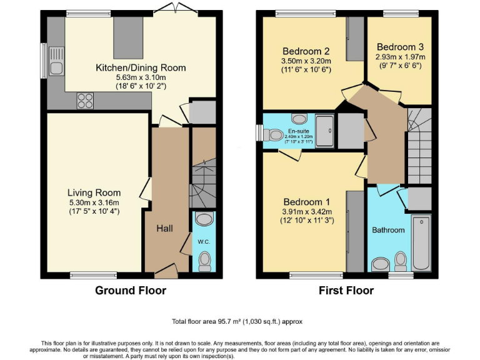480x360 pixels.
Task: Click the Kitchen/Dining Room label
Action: [x=140, y=67]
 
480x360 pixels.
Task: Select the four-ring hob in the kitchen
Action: [x=84, y=100]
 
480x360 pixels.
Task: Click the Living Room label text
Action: [x=94, y=192]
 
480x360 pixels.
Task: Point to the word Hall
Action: [x=164, y=229]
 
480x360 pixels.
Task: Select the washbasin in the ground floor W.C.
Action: [x=204, y=219]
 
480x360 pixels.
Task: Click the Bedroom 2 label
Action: [x=306, y=51]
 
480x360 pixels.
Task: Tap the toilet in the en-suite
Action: [x=274, y=134]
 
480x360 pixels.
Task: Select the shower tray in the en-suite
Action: [x=325, y=131]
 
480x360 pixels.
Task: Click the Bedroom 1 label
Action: [x=306, y=202]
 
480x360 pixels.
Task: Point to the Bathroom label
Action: [x=388, y=230]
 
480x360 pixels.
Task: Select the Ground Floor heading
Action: [x=131, y=290]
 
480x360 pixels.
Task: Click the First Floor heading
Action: [x=346, y=290]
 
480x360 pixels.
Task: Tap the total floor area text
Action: [x=237, y=321]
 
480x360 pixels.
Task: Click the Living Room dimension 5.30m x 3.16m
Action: [x=94, y=202]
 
